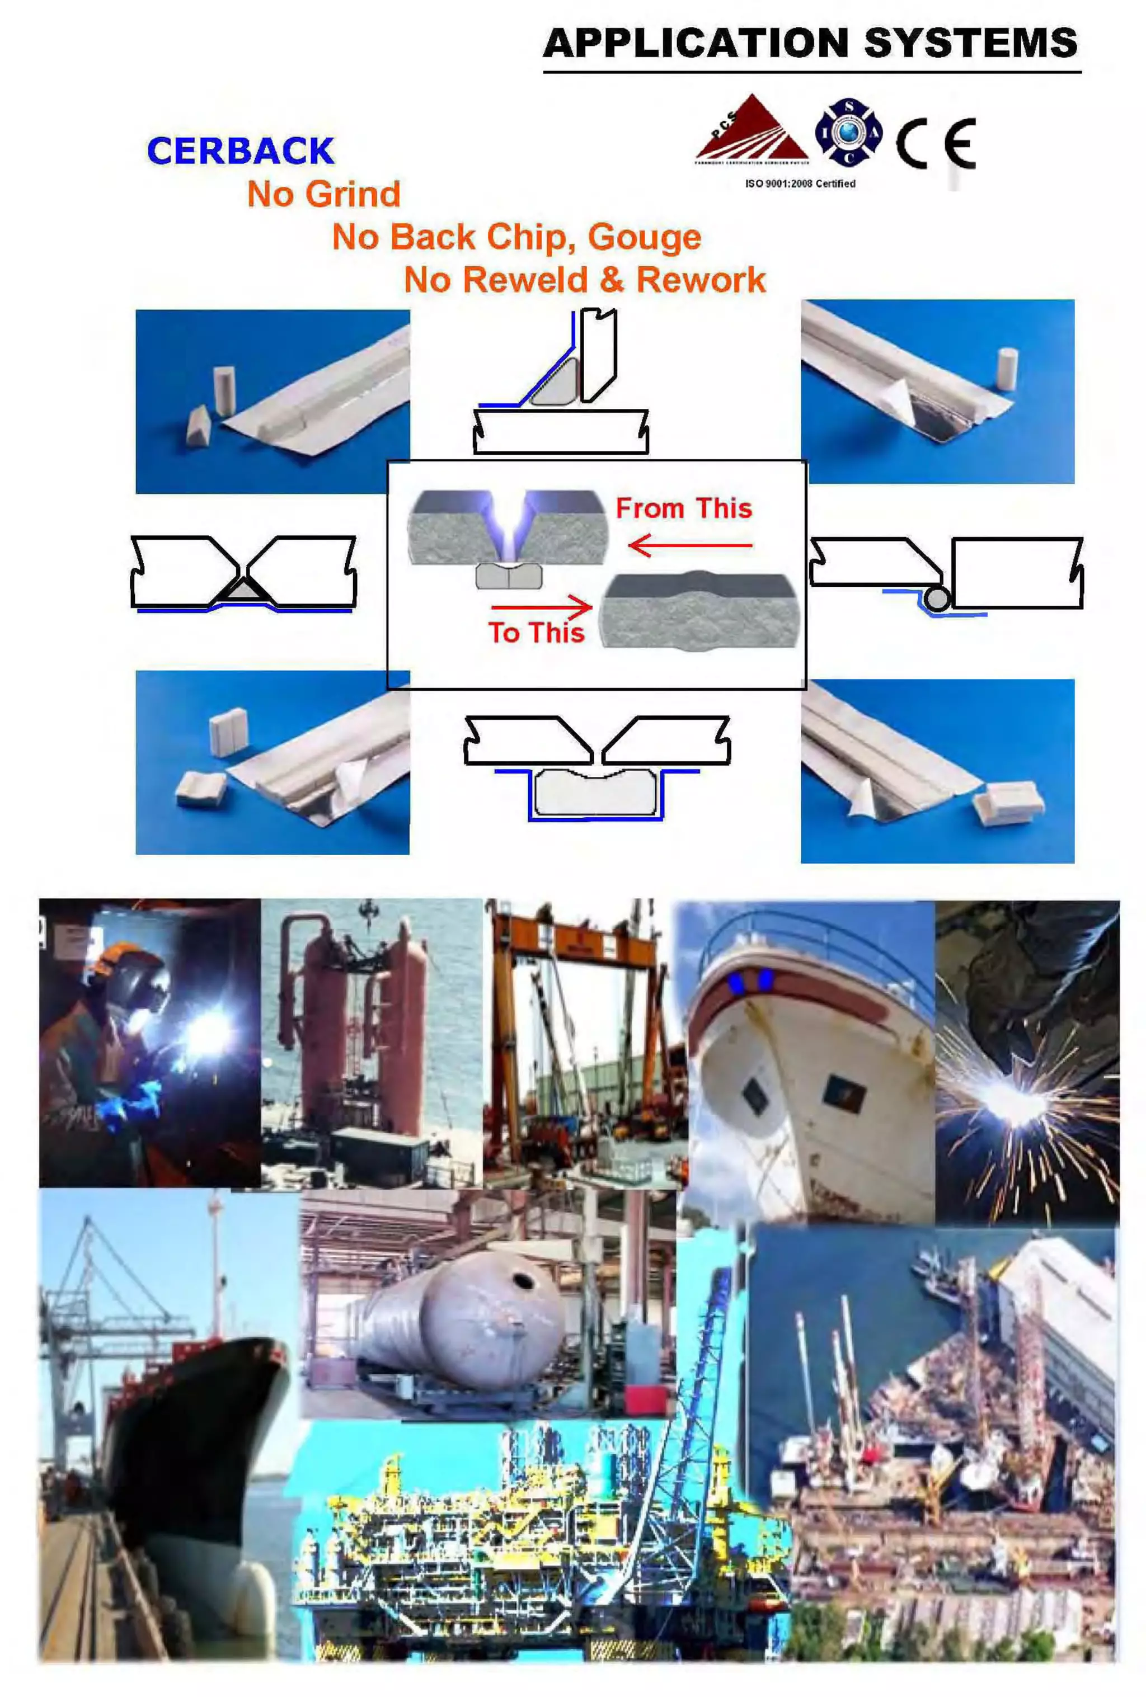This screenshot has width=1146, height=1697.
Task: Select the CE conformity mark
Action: [936, 143]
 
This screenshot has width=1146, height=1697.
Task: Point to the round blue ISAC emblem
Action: [848, 132]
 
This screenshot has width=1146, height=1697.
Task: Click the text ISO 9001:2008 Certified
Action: [800, 184]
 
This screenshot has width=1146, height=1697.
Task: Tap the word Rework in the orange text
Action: [701, 280]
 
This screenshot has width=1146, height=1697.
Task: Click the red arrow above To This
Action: [541, 606]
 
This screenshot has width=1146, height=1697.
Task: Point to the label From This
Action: [684, 508]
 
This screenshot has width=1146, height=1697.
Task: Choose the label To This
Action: [536, 633]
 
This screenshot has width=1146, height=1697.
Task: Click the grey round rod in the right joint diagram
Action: [936, 599]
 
